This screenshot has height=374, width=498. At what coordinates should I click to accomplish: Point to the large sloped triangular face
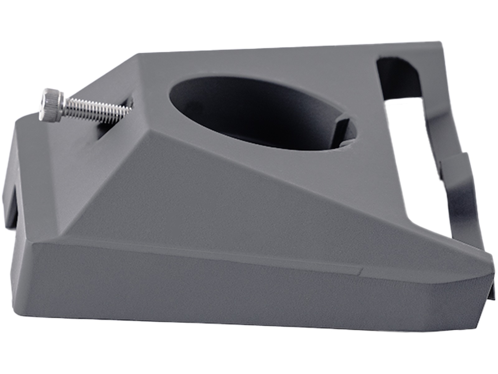pyautogui.click(x=218, y=193)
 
